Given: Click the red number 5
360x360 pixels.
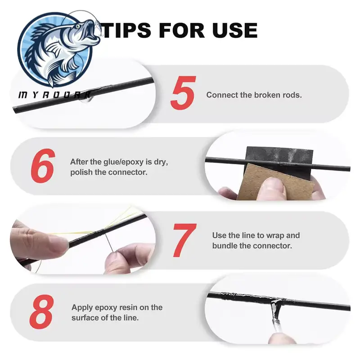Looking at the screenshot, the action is coord(183,93).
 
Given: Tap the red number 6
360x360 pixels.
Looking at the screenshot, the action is coord(43,165).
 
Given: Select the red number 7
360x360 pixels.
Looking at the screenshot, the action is coord(185,240).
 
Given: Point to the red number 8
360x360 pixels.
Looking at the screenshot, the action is coord(42,311).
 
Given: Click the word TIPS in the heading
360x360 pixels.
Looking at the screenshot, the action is coord(127,30).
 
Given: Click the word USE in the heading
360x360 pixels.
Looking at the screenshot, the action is coord(235,30).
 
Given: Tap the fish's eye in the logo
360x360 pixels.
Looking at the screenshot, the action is coord(78,27).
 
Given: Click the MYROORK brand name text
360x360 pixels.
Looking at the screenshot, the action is coord(54,94).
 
